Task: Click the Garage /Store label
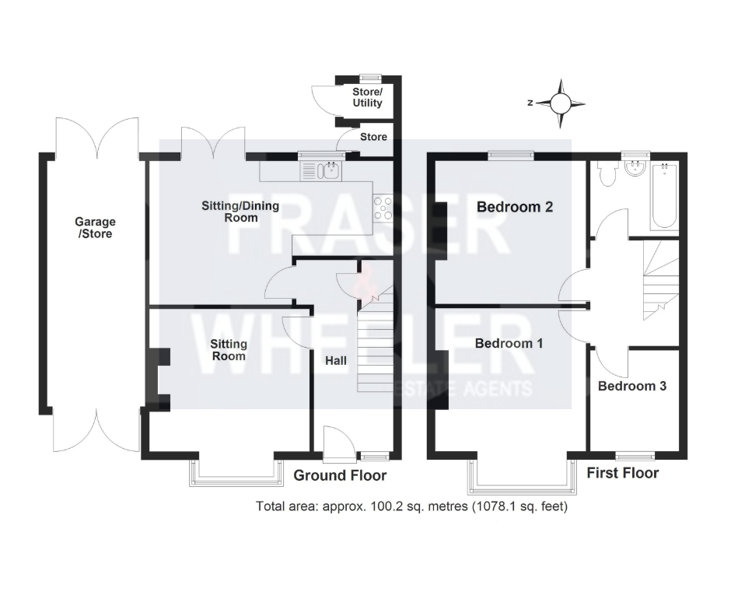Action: (x=95, y=228)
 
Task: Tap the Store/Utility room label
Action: (x=367, y=97)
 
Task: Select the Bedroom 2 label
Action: (x=515, y=207)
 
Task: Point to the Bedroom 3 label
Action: (x=632, y=386)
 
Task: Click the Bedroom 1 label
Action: (x=509, y=343)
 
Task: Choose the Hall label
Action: (x=336, y=361)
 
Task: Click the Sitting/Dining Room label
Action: (x=240, y=212)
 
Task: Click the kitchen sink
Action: (x=322, y=170)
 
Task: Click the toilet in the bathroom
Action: (x=608, y=173)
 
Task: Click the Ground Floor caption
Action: (x=340, y=475)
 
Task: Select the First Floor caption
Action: (x=622, y=473)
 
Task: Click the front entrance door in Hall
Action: (x=339, y=443)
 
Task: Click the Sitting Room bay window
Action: (x=236, y=473)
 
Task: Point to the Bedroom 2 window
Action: (x=511, y=156)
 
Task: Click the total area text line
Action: (x=411, y=506)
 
